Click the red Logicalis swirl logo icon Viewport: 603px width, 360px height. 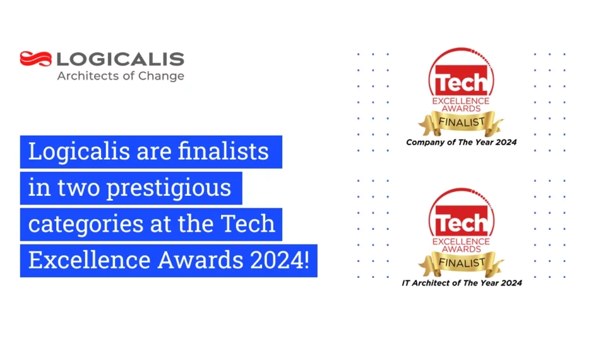[36, 59]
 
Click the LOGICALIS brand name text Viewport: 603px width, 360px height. [121, 59]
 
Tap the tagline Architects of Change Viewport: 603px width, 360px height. [121, 76]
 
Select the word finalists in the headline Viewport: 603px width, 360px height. [223, 151]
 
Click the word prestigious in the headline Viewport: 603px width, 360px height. [169, 188]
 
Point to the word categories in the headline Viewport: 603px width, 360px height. [86, 224]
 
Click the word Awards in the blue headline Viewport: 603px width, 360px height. [200, 260]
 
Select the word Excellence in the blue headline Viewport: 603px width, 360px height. [89, 260]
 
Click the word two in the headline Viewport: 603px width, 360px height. [78, 188]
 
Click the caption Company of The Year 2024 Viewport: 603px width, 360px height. [461, 142]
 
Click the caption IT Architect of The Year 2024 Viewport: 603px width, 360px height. [462, 283]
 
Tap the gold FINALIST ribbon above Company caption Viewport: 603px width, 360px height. [461, 123]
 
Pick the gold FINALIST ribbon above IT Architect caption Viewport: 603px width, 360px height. [461, 263]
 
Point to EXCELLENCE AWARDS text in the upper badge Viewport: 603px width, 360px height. [461, 105]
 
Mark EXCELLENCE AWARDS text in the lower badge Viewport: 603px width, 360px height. [461, 245]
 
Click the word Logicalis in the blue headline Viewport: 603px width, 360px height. [79, 152]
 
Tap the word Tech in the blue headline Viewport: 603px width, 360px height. [248, 224]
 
